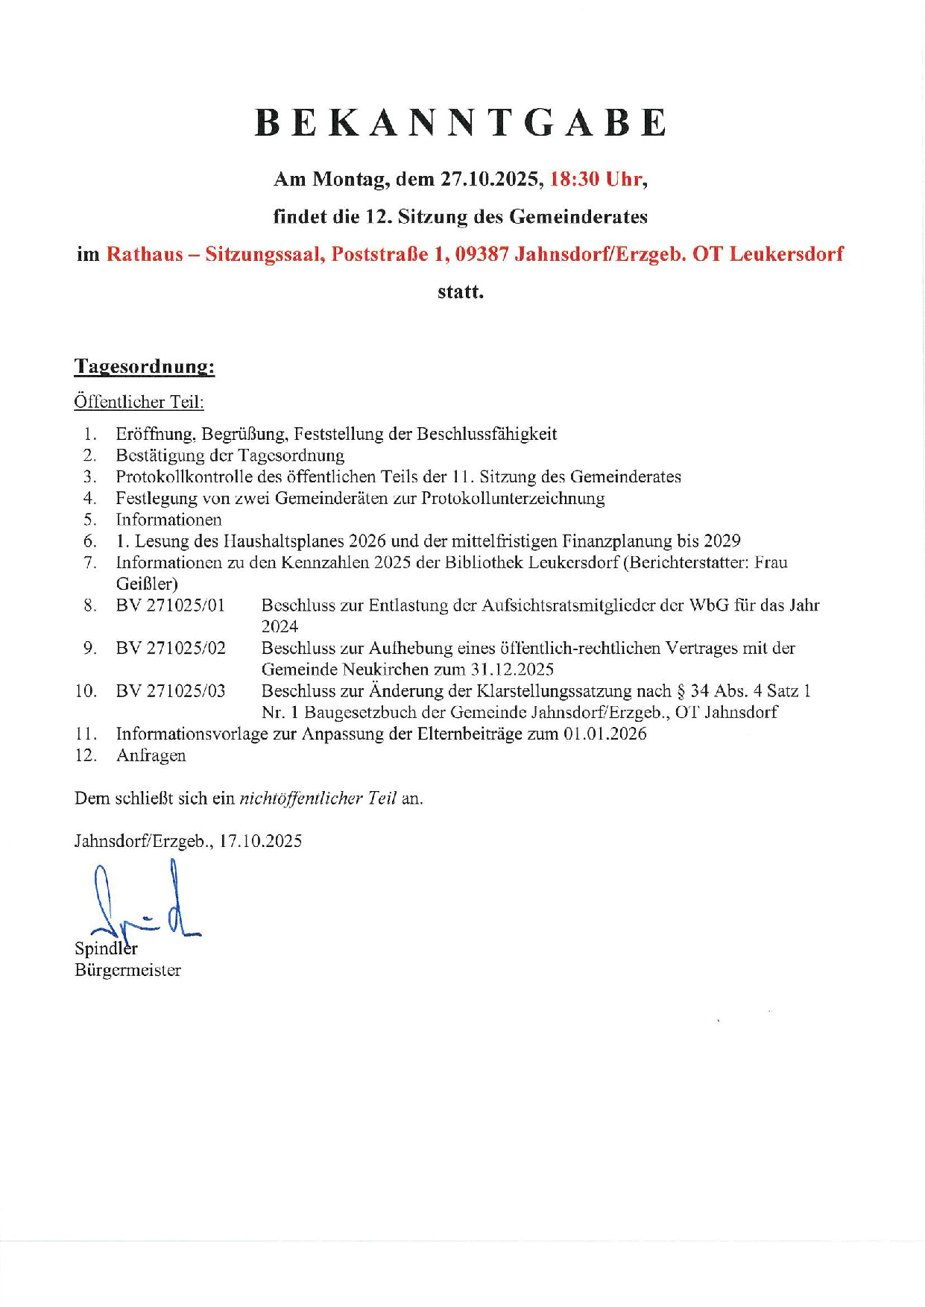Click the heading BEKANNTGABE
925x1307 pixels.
point(461,123)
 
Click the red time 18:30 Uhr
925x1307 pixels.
point(596,179)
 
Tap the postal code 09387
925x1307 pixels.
point(482,254)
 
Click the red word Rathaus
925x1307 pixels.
point(145,254)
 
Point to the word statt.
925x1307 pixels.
point(461,292)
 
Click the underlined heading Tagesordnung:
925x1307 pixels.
point(145,366)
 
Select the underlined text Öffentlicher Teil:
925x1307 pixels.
point(139,402)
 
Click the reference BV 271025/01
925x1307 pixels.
point(171,605)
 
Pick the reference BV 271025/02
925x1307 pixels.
point(171,648)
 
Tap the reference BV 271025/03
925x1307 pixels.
point(171,691)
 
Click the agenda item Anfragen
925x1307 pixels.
point(151,755)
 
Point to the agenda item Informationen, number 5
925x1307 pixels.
point(168,520)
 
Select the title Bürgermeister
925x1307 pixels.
point(127,970)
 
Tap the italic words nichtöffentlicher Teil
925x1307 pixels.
point(318,799)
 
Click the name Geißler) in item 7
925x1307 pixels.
point(147,584)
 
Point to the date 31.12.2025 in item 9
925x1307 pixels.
point(512,670)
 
